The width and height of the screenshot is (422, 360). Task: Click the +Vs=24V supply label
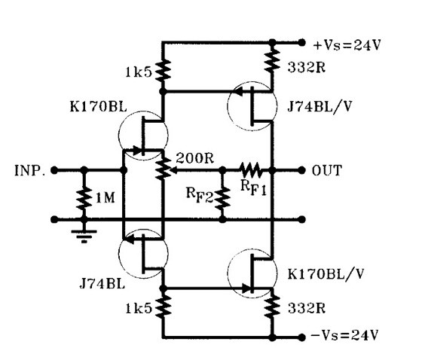[347, 45]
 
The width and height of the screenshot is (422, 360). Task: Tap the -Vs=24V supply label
[345, 335]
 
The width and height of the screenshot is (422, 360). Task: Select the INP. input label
[29, 170]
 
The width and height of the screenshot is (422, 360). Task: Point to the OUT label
[327, 170]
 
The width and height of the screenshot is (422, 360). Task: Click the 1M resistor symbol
[84, 199]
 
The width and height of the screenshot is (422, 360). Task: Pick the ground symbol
[84, 236]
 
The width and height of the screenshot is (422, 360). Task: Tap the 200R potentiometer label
[195, 158]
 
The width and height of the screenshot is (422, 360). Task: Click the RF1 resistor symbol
[250, 170]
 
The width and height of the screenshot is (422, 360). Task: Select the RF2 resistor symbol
[222, 199]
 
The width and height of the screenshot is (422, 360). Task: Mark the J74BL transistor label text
[102, 284]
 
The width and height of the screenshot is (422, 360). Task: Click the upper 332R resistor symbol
[272, 63]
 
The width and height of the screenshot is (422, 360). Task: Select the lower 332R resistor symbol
[272, 307]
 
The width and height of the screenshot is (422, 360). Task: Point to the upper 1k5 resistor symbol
[163, 71]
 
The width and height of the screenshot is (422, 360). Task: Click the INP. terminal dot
[54, 170]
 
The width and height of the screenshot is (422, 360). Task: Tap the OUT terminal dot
[301, 170]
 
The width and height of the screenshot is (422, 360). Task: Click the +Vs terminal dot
[301, 42]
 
